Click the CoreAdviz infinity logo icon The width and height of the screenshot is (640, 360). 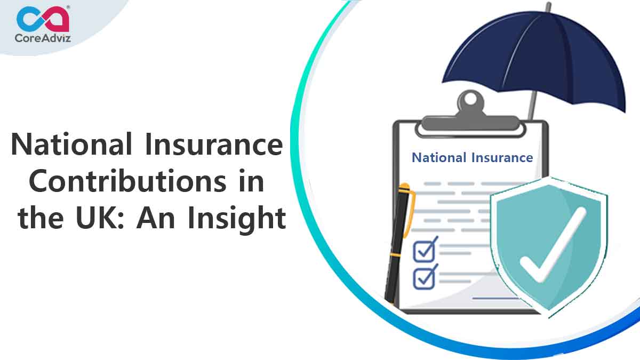[x=43, y=18]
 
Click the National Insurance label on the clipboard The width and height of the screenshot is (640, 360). [x=472, y=157]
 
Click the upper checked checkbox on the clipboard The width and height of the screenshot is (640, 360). [x=426, y=250]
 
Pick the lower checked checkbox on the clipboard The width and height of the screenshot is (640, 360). [x=426, y=277]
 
